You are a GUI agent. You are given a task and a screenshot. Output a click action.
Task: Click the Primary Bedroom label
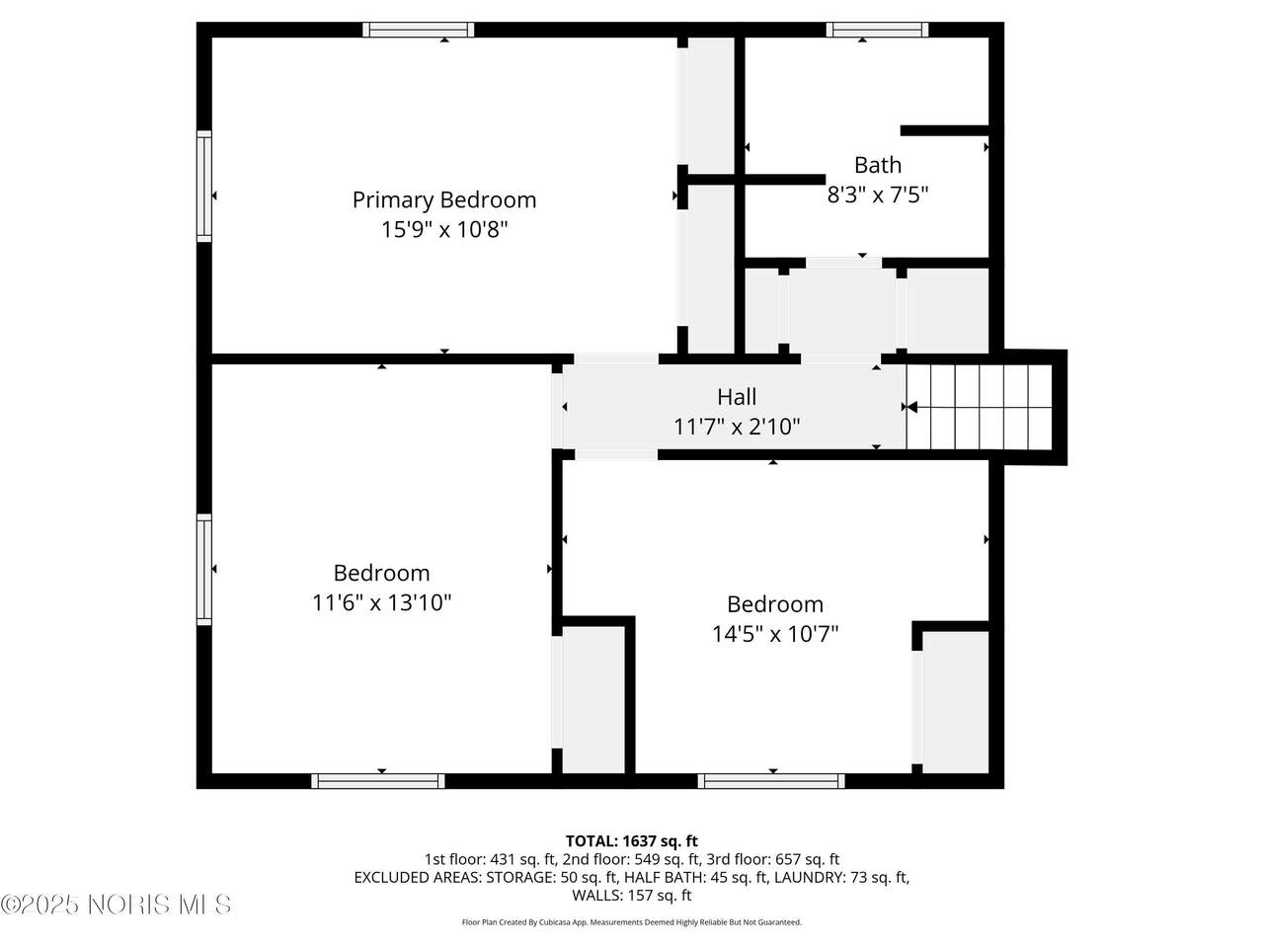[444, 200]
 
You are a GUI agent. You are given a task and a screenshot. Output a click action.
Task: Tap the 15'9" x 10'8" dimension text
[444, 230]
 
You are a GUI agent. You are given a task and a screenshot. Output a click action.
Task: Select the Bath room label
[877, 165]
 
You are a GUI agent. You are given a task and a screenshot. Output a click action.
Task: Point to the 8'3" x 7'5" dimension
[877, 195]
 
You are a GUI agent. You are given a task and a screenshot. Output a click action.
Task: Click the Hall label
[737, 397]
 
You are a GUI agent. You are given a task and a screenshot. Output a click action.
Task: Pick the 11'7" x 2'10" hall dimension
[737, 427]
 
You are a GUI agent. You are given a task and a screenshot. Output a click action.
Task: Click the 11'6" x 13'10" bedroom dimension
[381, 602]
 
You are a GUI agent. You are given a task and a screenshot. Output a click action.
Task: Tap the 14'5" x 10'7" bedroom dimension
[774, 634]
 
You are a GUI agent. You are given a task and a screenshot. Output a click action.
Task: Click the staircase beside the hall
[979, 407]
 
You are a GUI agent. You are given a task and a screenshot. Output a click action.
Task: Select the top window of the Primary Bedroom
[418, 30]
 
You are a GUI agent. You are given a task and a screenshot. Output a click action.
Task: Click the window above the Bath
[877, 30]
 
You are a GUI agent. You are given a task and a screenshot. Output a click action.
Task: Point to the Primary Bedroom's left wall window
[204, 186]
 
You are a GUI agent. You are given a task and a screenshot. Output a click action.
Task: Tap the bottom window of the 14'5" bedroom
[771, 780]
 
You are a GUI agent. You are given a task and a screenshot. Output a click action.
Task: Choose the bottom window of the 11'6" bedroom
[378, 780]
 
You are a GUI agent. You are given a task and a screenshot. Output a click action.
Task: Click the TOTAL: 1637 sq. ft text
[632, 841]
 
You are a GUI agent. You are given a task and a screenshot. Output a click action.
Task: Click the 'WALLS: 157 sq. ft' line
[632, 895]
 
